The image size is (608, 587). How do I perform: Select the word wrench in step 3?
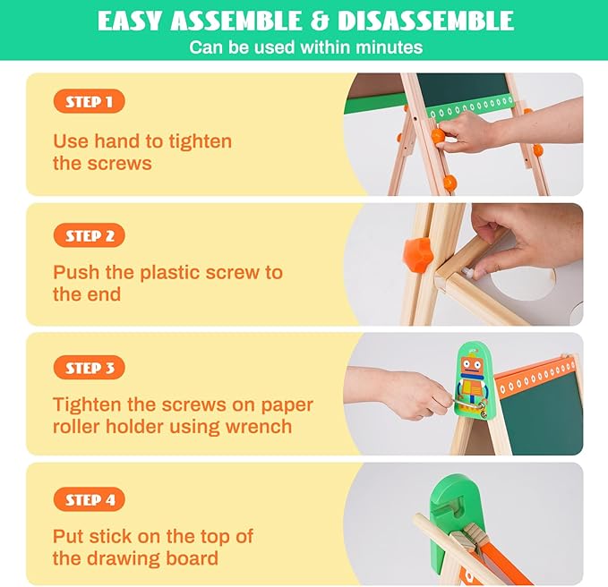pos(260,426)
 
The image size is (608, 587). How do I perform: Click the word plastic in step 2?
pos(166,273)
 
